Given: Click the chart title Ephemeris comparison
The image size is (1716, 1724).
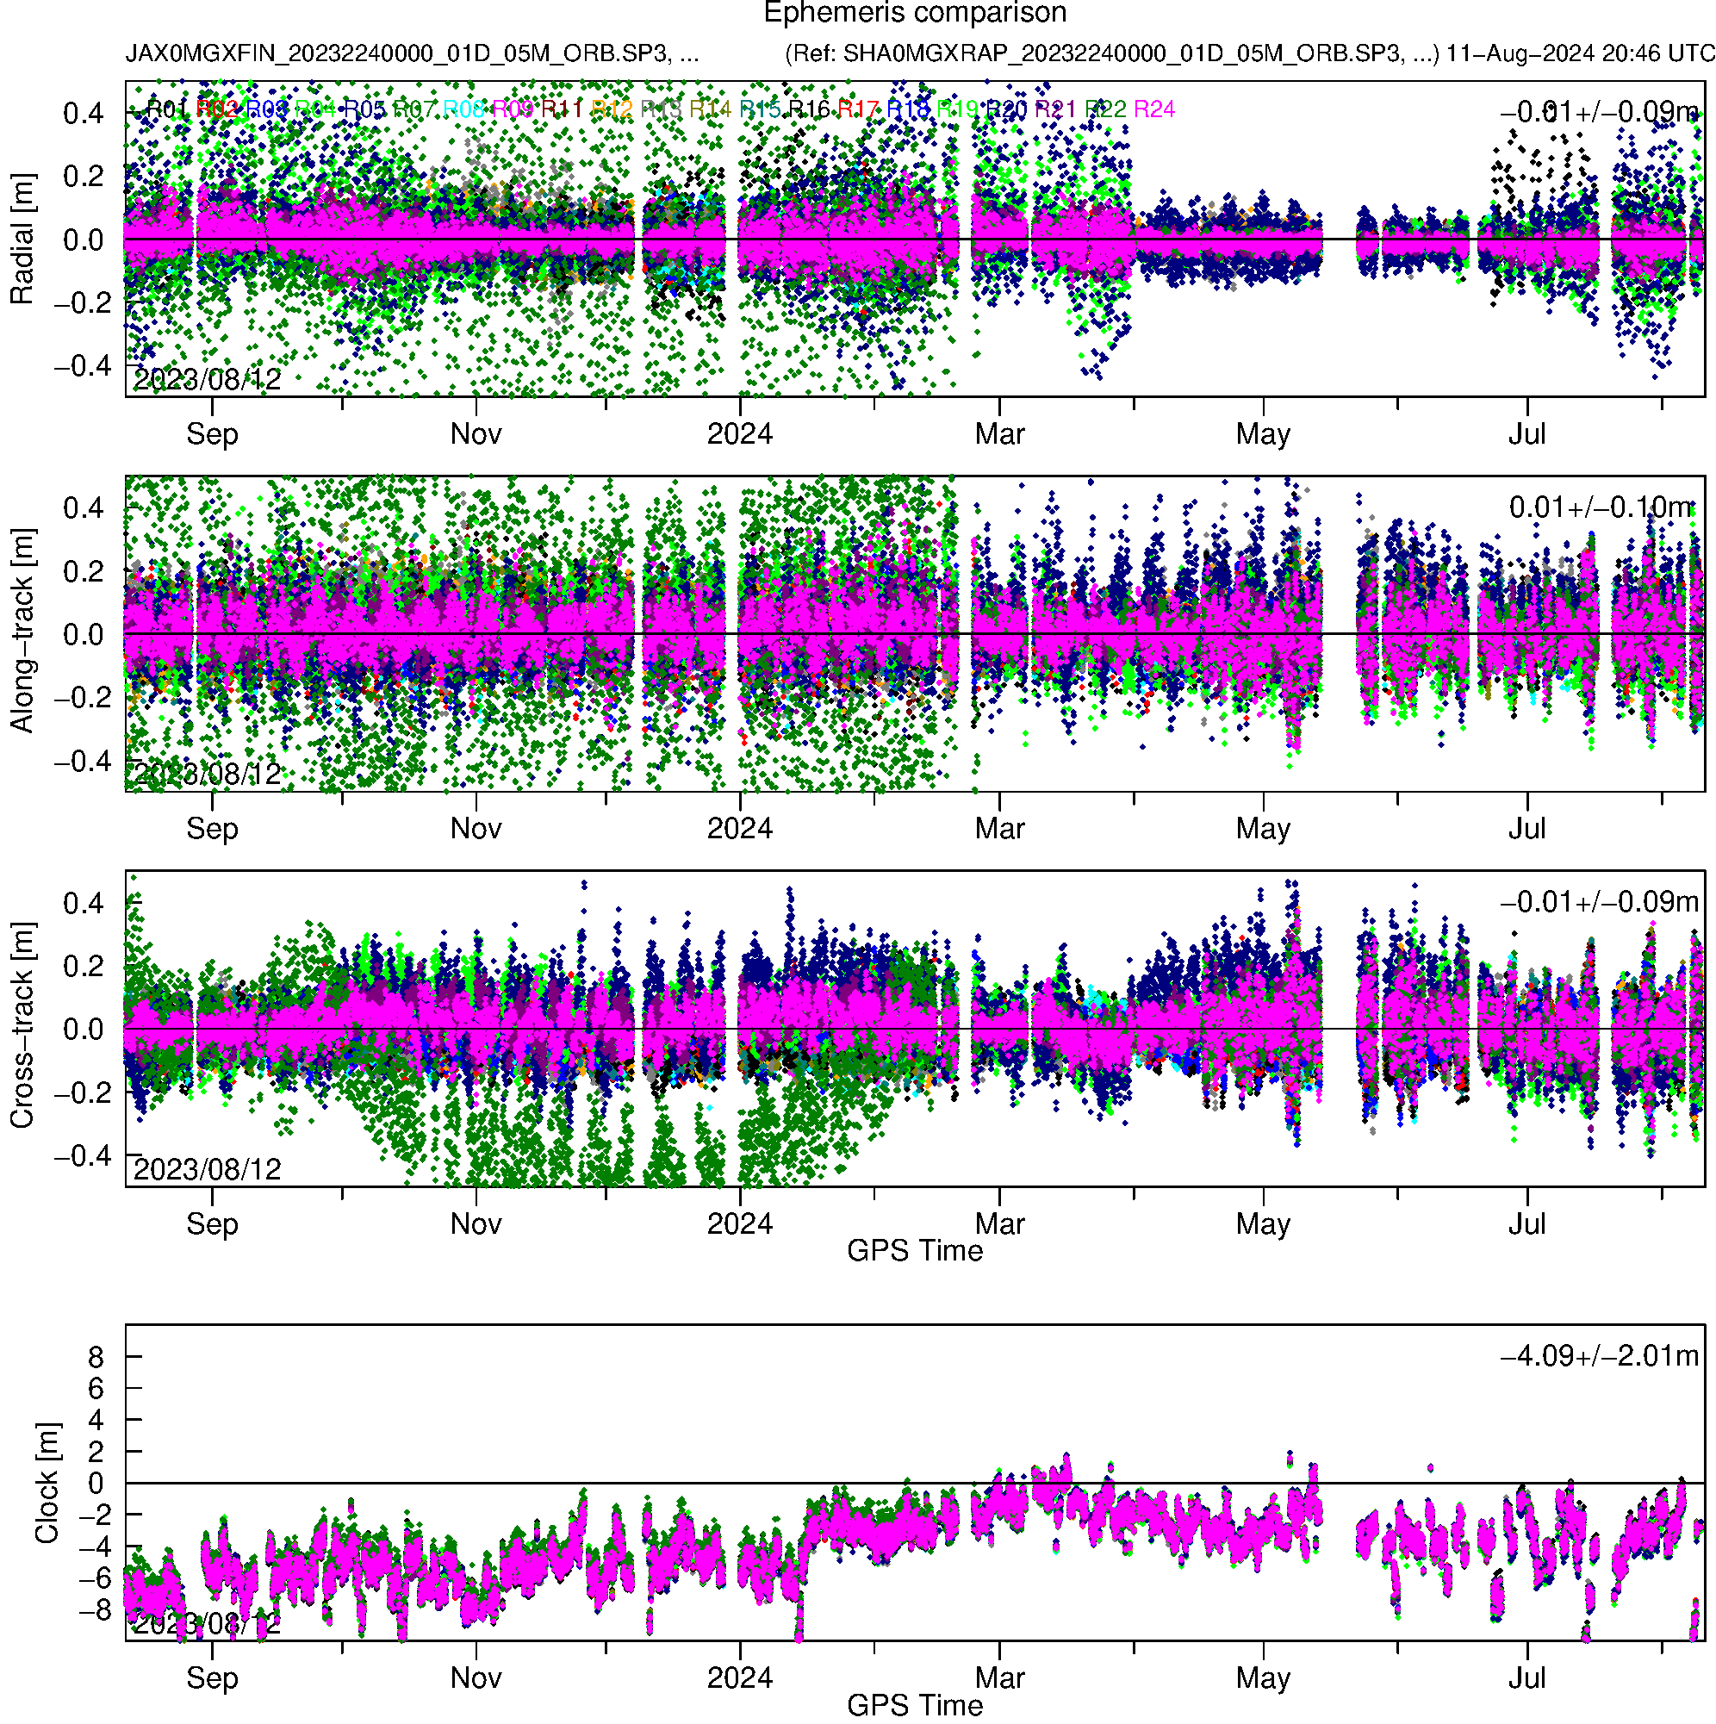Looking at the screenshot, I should click(x=915, y=14).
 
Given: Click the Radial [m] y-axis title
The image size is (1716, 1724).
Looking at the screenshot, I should click(x=22, y=240).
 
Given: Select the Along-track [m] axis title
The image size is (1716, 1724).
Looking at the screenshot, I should click(x=22, y=631).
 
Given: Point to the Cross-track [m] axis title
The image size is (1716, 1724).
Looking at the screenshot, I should click(x=22, y=1025).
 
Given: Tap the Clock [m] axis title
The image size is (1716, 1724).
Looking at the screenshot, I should click(x=47, y=1482).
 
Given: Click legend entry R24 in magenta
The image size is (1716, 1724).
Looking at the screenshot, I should click(x=1153, y=109).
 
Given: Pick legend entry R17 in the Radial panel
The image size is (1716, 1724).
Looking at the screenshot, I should click(x=857, y=109).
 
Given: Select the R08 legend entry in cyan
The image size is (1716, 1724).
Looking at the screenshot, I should click(x=464, y=109).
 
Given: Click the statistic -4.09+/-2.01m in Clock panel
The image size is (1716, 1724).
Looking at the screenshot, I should click(x=1599, y=1355).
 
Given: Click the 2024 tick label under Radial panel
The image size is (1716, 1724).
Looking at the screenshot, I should click(x=740, y=434).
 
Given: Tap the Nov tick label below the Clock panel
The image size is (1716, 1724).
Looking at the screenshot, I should click(x=476, y=1678).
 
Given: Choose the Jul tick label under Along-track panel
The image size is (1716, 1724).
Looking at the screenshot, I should click(x=1526, y=829).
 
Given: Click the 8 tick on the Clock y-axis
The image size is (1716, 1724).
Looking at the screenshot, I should click(x=96, y=1357).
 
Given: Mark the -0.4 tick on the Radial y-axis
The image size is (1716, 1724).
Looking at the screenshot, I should click(x=78, y=366).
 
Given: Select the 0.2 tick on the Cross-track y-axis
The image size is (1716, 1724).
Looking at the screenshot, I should click(x=83, y=967).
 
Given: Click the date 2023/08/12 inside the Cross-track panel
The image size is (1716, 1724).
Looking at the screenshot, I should click(x=207, y=1169).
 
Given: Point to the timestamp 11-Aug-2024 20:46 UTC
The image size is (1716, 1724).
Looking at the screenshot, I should click(x=1581, y=53).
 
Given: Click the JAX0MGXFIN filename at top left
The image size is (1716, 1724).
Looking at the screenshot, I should click(x=412, y=53).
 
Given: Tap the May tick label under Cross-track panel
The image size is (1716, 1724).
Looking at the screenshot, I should click(x=1263, y=1224).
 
